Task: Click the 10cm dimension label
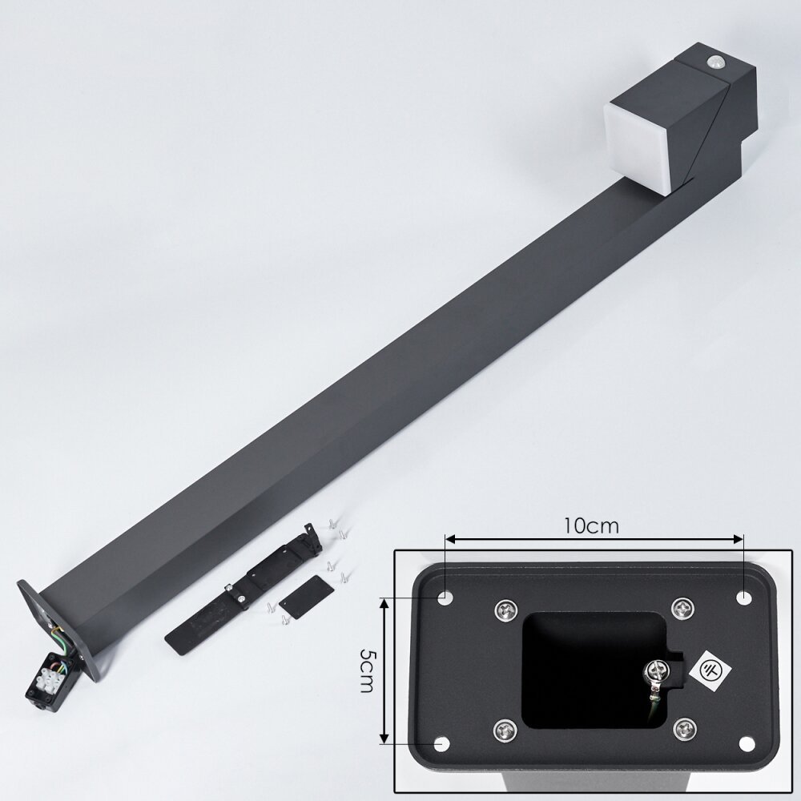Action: click(591, 525)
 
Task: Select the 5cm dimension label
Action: click(367, 670)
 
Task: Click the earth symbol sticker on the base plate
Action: click(710, 670)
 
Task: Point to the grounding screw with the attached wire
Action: click(658, 673)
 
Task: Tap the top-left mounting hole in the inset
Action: click(445, 598)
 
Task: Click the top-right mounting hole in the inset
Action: click(743, 598)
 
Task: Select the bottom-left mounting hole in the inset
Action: click(441, 744)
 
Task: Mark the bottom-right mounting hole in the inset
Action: click(747, 744)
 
